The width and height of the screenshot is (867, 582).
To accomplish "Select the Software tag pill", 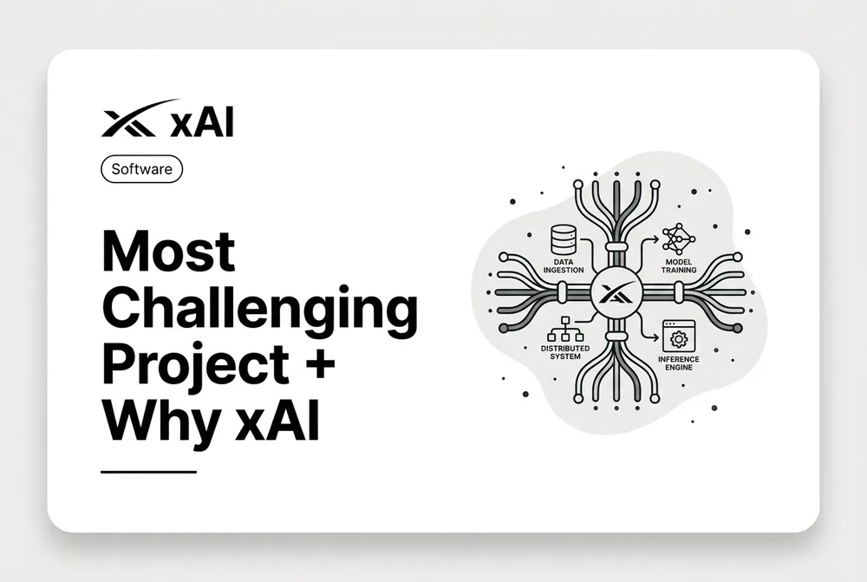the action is pos(141,169).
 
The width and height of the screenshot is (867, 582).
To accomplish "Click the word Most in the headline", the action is pos(169,251).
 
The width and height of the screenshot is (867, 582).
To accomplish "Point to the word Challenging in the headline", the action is pos(260,310).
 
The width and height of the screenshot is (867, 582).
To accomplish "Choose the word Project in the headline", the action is pos(195,366).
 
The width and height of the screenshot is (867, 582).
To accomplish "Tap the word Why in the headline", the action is pos(162,422).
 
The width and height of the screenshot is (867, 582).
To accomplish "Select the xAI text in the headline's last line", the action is pos(277,422).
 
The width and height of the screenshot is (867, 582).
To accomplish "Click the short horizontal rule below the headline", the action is pos(149,472).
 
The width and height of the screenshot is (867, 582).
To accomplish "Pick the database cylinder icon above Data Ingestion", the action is pos(564,240).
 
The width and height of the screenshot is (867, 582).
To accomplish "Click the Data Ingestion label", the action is pos(564,266).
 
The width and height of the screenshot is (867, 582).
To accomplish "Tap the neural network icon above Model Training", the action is pos(679,239).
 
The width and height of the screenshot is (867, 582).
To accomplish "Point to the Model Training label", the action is pos(679,266).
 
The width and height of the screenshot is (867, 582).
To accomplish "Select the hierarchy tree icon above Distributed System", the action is pos(565,330).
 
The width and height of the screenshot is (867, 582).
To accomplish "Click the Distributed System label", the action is pos(565,352).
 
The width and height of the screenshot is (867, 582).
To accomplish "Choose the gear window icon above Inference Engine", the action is pos(679,336).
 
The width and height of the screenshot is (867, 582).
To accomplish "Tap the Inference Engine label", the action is pos(679,363).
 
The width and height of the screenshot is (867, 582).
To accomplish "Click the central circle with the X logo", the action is pos(616,292).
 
